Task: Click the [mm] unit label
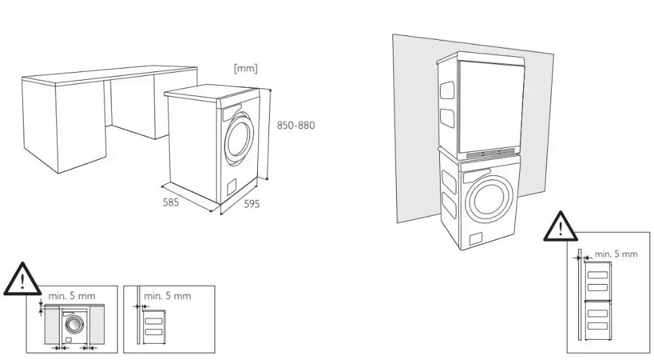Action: (245, 68)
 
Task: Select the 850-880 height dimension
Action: (296, 125)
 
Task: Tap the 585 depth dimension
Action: (171, 202)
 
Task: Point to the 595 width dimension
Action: (251, 204)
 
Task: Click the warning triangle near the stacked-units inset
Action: (560, 226)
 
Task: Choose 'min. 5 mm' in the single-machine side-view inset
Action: (168, 296)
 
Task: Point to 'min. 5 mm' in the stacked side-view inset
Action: (616, 253)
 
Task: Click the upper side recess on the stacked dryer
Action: (447, 89)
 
